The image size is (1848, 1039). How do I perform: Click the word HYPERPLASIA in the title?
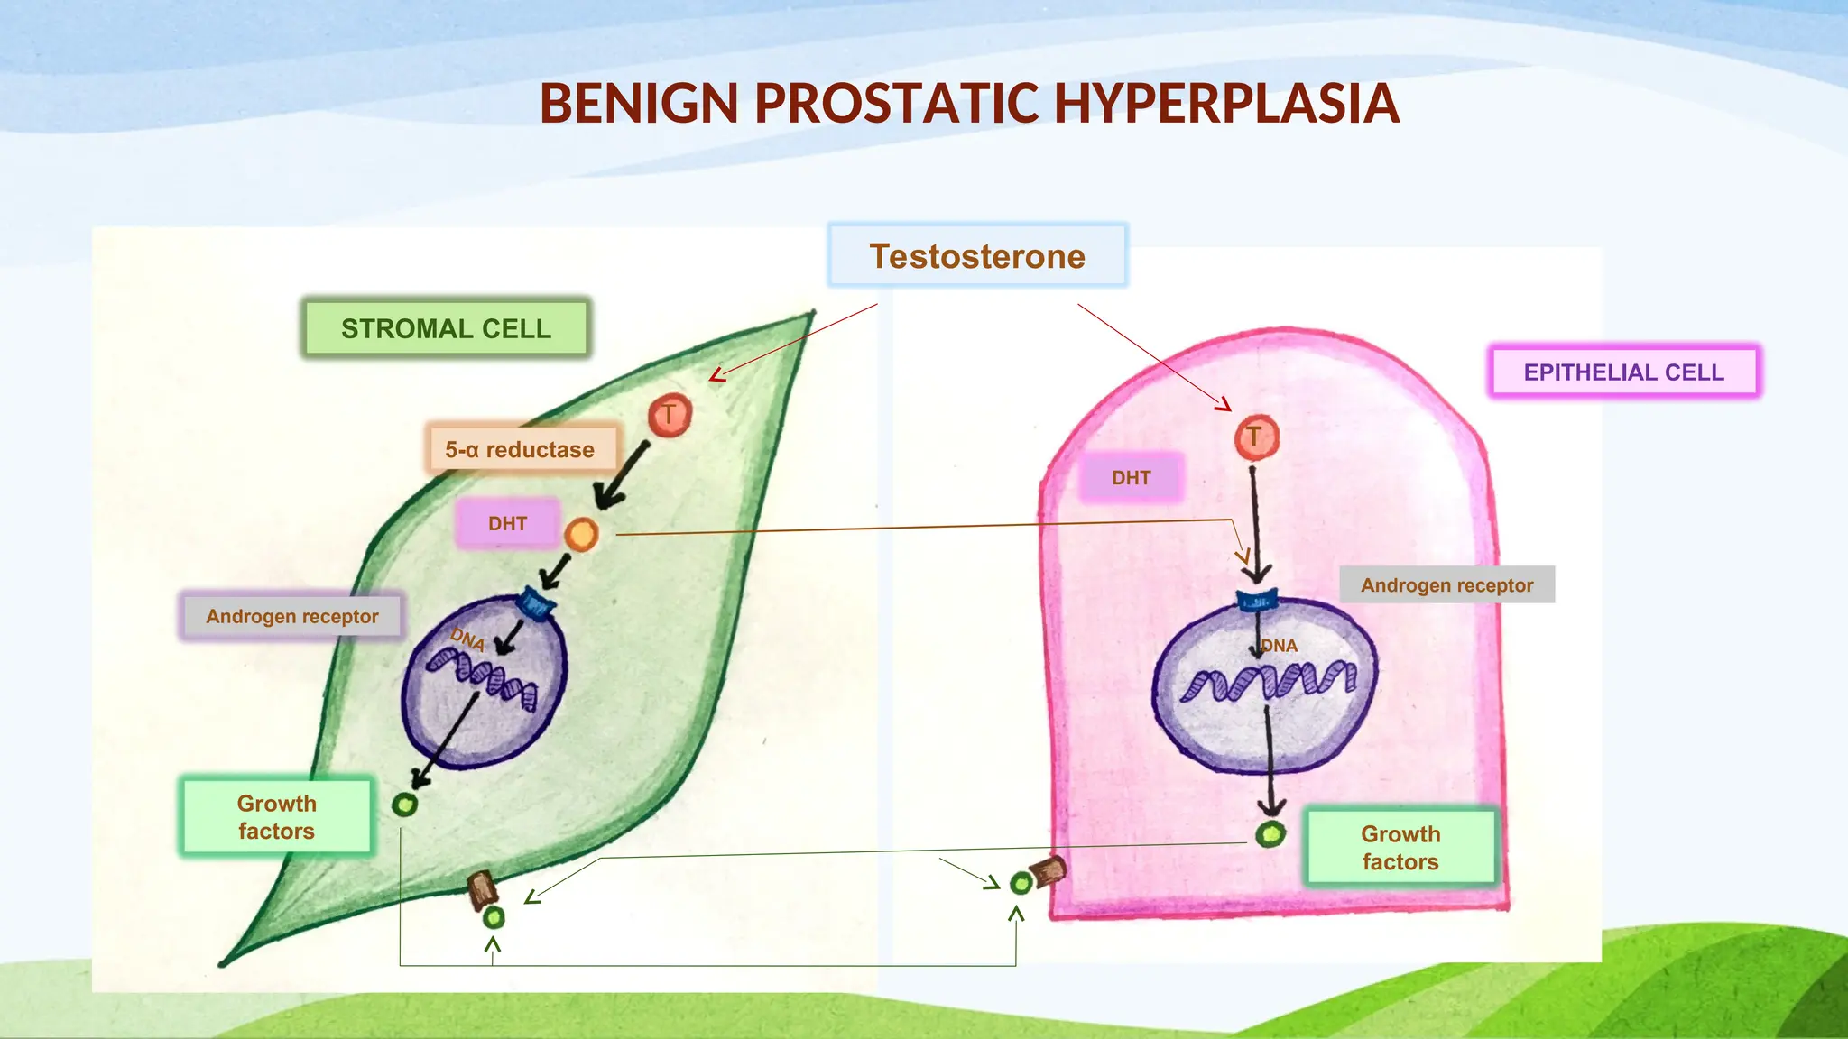[1225, 103]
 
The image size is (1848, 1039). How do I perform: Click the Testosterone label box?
[977, 256]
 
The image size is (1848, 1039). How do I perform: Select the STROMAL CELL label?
[446, 328]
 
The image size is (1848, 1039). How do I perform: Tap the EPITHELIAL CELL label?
[1623, 372]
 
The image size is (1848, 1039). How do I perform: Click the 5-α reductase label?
[521, 449]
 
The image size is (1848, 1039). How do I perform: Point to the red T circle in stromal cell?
[670, 416]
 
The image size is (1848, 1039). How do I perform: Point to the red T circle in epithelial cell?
[1256, 437]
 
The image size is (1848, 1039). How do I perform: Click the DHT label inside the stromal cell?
[507, 524]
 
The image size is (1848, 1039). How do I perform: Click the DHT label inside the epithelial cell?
[1131, 478]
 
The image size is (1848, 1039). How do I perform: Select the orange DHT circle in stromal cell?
[581, 535]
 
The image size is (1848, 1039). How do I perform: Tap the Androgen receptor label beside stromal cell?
[292, 617]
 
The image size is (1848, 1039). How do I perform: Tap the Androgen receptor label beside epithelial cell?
[1446, 585]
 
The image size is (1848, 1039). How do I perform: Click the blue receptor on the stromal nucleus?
[537, 603]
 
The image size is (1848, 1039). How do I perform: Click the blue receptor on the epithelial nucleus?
[1256, 600]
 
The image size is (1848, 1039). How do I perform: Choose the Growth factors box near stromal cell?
[276, 817]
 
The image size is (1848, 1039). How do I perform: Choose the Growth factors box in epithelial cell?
[1400, 848]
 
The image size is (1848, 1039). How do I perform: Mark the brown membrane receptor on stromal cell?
[482, 889]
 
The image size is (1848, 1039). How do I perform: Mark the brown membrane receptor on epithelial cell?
[1049, 871]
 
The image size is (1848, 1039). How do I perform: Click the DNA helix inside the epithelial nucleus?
[1268, 682]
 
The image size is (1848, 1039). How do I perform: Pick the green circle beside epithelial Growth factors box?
[1270, 834]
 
